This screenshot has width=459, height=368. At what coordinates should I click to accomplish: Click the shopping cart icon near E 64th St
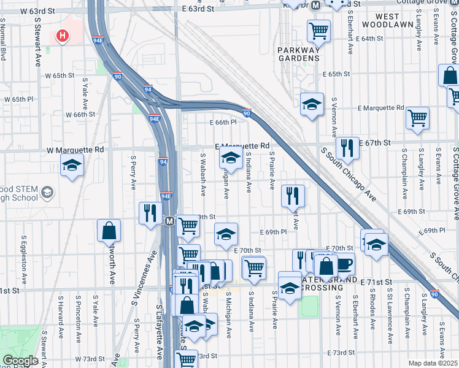(318, 29)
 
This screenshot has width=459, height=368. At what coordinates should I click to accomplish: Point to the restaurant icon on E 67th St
(347, 147)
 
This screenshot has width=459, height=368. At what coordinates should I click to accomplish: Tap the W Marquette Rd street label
(75, 149)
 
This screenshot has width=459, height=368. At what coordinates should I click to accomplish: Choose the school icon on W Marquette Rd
(72, 164)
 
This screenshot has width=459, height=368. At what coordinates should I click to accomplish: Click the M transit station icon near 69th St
(169, 221)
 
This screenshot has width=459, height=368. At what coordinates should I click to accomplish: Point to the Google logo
(20, 361)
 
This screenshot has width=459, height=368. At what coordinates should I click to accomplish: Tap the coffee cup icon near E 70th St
(344, 264)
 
